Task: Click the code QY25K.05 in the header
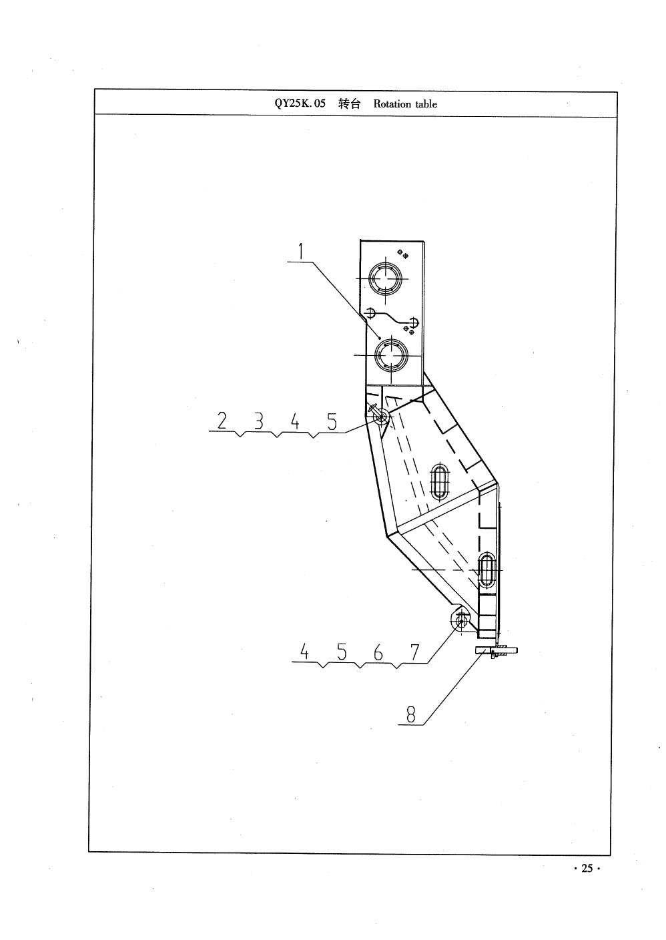[300, 103]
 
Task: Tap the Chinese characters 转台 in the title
[350, 103]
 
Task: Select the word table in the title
[426, 103]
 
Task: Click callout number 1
[300, 252]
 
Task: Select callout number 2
[222, 421]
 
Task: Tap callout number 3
[259, 421]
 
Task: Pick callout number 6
[378, 652]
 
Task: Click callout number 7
[414, 652]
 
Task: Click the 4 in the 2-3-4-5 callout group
[295, 421]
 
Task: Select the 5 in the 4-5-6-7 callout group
[342, 652]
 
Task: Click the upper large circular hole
[385, 279]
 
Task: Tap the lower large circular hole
[391, 355]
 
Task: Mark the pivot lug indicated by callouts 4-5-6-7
[461, 619]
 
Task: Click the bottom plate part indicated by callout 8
[496, 650]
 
